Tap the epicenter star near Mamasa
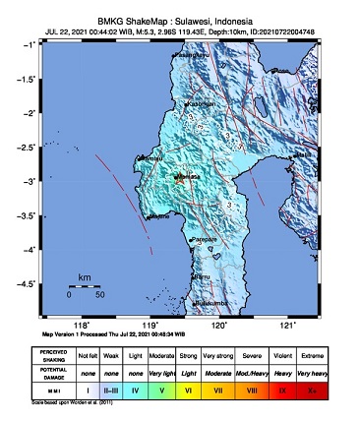tap(179, 179)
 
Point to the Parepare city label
tap(204, 239)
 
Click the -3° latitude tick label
tap(32, 181)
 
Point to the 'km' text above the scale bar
tap(85, 277)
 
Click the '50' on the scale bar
tap(99, 294)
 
